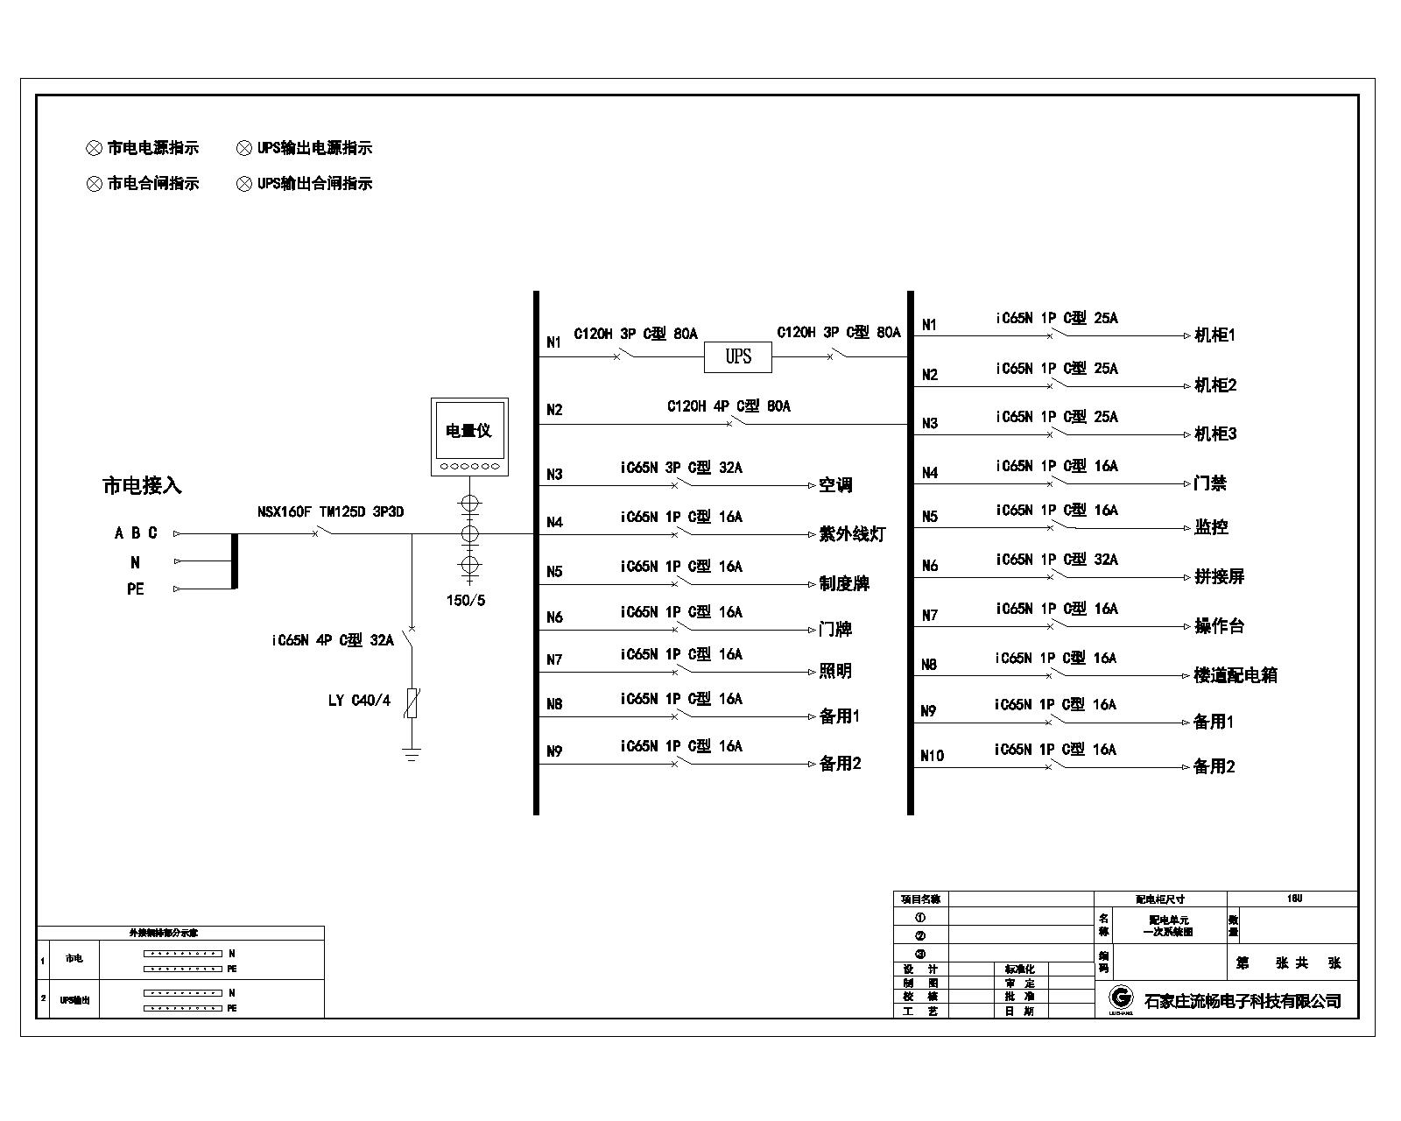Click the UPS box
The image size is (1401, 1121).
[x=738, y=356]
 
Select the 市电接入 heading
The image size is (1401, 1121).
[x=142, y=485]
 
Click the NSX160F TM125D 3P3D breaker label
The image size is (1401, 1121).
[x=330, y=511]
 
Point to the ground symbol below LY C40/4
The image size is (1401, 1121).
[x=412, y=754]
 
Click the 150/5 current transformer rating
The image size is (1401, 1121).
[x=465, y=601]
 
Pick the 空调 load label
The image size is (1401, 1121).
[x=835, y=485]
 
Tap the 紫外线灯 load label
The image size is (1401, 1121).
[x=852, y=534]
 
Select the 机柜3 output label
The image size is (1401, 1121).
[x=1215, y=434]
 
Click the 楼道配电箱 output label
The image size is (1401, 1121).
[x=1236, y=675]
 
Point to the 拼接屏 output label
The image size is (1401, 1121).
[x=1219, y=577]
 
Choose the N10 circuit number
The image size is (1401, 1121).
[x=932, y=756]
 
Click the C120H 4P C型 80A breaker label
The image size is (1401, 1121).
[x=729, y=406]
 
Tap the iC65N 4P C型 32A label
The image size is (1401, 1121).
[x=332, y=641]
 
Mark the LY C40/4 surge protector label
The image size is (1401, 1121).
[x=359, y=701]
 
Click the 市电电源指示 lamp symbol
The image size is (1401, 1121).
[x=95, y=149]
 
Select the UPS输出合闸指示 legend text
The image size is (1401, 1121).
[x=314, y=184]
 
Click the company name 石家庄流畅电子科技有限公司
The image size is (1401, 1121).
[x=1243, y=1001]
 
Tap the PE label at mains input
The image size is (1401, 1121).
[x=136, y=589]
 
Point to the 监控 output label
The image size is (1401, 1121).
[x=1211, y=527]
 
